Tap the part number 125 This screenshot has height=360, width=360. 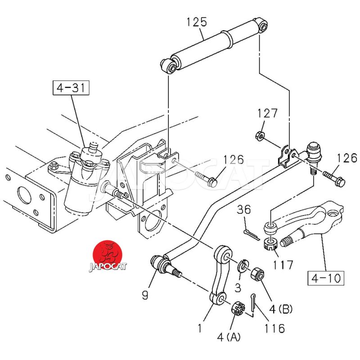(197, 22)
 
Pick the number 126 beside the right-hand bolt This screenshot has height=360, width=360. (347, 158)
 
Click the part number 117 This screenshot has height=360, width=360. (283, 265)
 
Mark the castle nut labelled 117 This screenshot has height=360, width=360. (269, 245)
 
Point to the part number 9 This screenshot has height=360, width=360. (145, 295)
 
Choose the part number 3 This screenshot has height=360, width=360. (237, 287)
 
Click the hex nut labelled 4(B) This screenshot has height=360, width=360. (256, 273)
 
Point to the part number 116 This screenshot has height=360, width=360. (274, 328)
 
